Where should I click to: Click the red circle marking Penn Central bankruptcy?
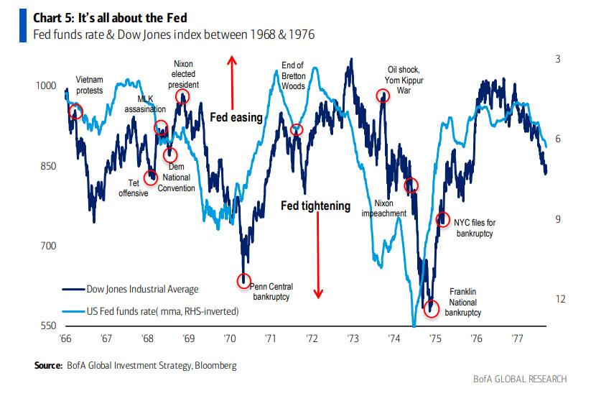click(x=244, y=280)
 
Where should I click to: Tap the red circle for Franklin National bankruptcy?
click(x=431, y=308)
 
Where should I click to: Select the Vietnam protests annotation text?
click(x=90, y=86)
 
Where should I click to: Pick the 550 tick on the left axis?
click(x=47, y=326)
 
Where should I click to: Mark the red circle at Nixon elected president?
click(x=182, y=97)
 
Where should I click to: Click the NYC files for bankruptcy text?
click(x=474, y=228)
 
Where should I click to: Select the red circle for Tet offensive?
click(x=151, y=178)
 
